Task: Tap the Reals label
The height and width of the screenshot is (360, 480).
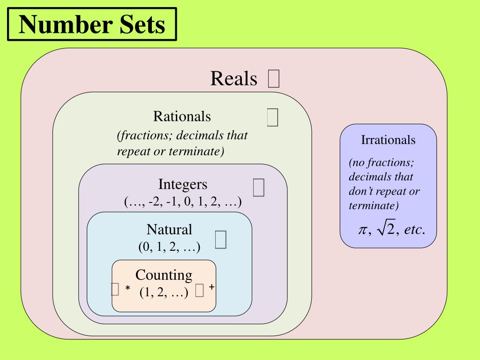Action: click(x=234, y=78)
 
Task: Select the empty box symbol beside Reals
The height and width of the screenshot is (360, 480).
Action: click(x=274, y=79)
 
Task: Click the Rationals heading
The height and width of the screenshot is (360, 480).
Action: click(x=182, y=116)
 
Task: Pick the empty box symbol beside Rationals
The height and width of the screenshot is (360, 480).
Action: click(x=272, y=117)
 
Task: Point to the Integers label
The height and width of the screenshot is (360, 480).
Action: click(x=182, y=184)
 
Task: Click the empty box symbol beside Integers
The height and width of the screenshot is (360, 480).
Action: click(x=258, y=187)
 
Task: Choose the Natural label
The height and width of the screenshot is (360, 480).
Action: click(x=169, y=230)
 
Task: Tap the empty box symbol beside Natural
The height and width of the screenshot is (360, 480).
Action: click(x=221, y=239)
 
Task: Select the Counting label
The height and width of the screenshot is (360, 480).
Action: click(x=164, y=275)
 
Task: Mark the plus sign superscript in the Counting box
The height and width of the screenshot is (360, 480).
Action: click(x=212, y=287)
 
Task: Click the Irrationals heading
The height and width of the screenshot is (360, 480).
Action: click(x=388, y=140)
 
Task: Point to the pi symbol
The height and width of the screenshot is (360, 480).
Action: click(x=362, y=230)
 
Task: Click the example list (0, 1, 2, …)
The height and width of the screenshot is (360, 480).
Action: click(x=169, y=247)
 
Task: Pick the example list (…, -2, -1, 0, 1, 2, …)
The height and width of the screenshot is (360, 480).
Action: click(x=183, y=202)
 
